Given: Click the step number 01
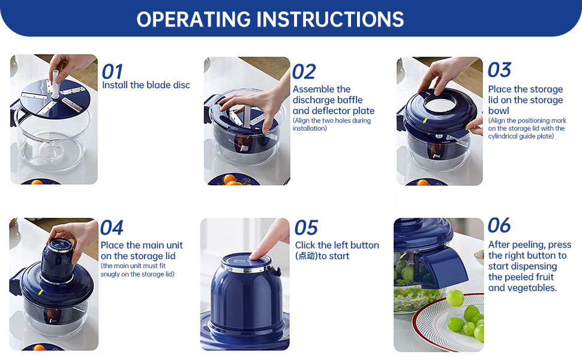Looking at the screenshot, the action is coord(112,71).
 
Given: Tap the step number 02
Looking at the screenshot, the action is coord(304,71).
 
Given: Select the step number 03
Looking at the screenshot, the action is coord(500,70).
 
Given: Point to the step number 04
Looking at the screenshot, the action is coord(112,227).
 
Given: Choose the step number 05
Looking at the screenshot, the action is coord(306,227).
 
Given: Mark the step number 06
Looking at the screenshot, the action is coord(499,225).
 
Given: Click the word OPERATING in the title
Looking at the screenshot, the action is coord(194,19).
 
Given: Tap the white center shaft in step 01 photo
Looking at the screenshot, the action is coord(55,83).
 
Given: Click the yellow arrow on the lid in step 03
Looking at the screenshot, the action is coord(425,121).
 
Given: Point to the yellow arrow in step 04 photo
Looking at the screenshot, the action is coord(40,293).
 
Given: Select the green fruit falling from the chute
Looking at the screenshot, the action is coord(455,298).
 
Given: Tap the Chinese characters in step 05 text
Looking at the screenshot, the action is coord(307,256).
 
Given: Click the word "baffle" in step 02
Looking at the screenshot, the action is coord(350,100).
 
